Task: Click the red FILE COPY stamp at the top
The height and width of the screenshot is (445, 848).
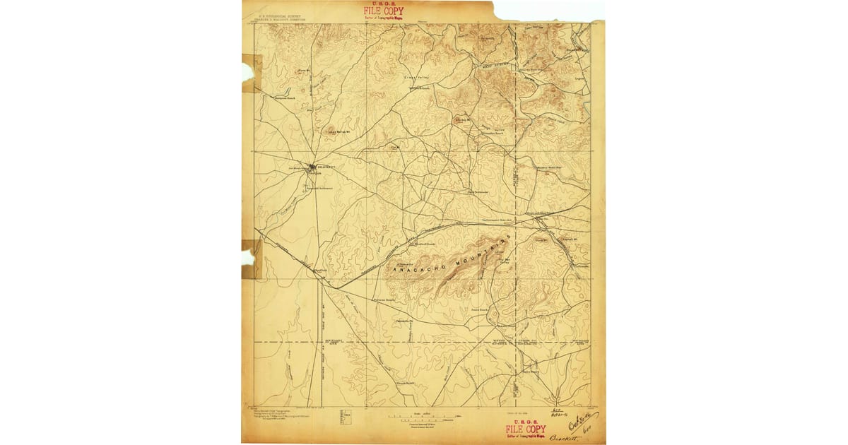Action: pyautogui.click(x=384, y=12)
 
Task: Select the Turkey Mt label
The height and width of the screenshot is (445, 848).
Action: pyautogui.click(x=463, y=119)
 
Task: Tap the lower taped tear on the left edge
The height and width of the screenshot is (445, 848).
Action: pyautogui.click(x=248, y=259)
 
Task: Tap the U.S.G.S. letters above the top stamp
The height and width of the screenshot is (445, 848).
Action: pyautogui.click(x=384, y=4)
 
